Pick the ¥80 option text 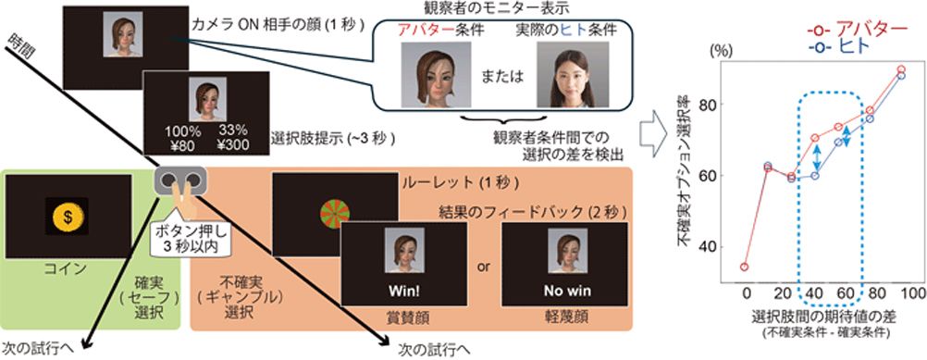tap(179, 144)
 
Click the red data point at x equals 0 tap(745, 267)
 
